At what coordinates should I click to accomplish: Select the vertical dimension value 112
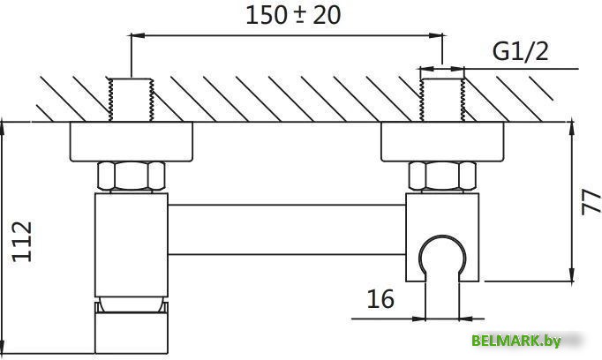point(25,241)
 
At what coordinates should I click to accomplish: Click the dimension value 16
point(380,298)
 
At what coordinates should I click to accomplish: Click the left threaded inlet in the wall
point(131,99)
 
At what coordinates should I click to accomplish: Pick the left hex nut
point(131,176)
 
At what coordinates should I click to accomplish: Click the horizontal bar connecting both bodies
point(286,231)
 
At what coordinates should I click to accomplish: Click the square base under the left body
point(131,332)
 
